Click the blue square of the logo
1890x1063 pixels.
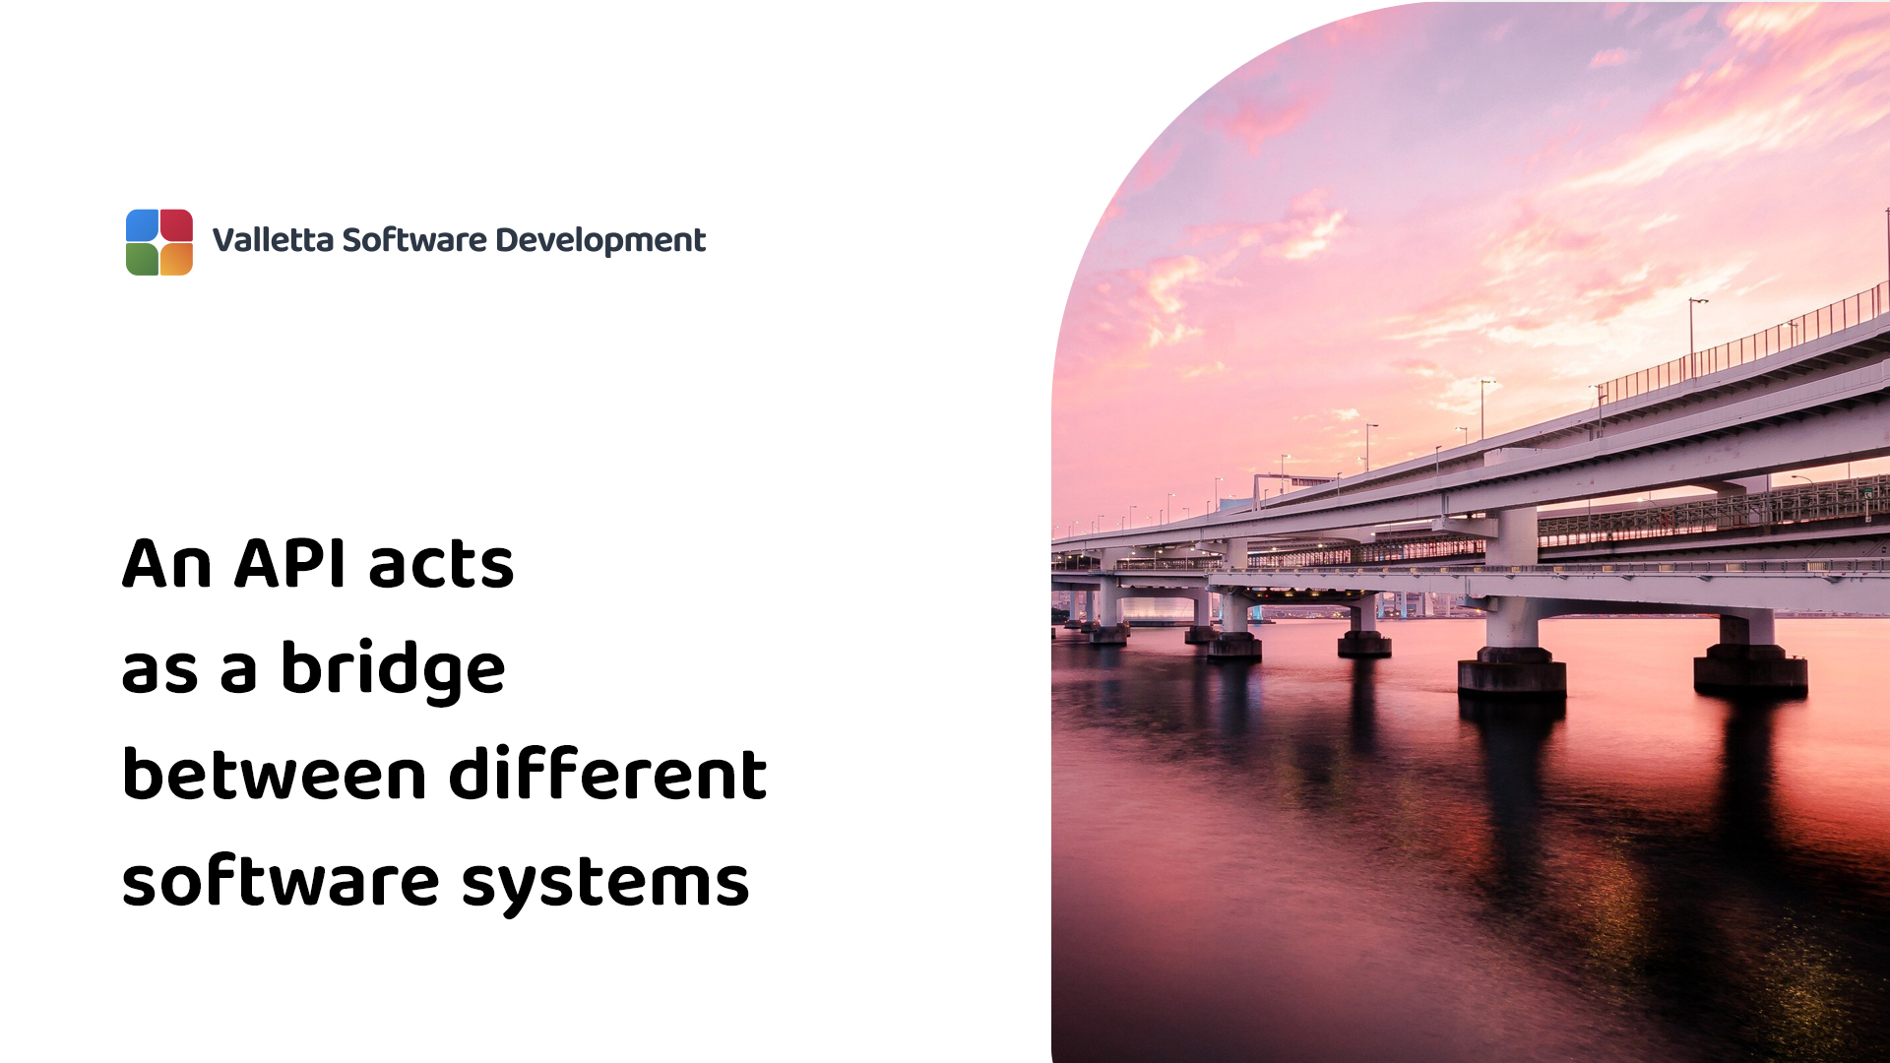click(143, 225)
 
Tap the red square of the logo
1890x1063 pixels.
click(176, 225)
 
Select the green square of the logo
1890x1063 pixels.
click(143, 259)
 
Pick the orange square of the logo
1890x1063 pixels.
click(176, 259)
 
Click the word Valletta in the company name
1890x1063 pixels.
click(273, 240)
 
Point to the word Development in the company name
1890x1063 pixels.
click(600, 240)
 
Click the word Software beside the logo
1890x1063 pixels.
click(414, 240)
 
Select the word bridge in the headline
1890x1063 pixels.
click(393, 670)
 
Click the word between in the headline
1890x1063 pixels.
click(274, 775)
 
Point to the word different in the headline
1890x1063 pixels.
click(607, 775)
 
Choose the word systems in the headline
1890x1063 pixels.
click(605, 883)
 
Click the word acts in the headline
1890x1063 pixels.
click(441, 566)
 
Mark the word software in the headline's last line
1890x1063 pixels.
click(281, 881)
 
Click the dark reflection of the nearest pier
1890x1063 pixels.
click(1512, 778)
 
